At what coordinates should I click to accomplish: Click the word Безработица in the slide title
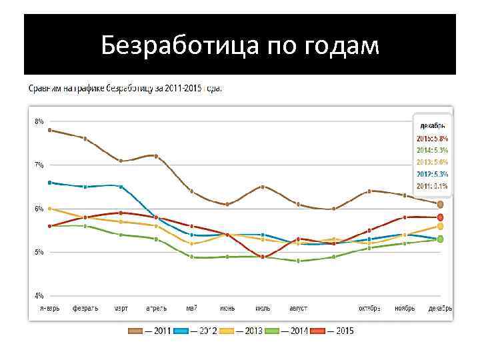point(177,46)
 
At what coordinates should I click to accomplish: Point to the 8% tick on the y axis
point(39,121)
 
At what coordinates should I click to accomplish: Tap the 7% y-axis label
point(39,165)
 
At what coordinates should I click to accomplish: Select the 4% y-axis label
point(39,295)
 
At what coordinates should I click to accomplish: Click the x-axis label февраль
point(85,308)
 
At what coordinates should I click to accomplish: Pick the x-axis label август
point(298,308)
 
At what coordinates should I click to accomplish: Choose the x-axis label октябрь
point(369,308)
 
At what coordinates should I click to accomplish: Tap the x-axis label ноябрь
point(405,308)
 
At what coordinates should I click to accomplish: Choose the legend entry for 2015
point(336,330)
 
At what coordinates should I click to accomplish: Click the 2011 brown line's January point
point(50,130)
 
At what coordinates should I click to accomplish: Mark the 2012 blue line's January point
point(50,182)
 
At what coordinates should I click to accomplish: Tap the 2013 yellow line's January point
point(50,209)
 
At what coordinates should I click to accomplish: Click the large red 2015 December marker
point(440,217)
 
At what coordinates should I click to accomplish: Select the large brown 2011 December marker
point(440,204)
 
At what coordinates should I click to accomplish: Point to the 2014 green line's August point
point(298,261)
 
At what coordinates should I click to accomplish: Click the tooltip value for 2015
point(433,139)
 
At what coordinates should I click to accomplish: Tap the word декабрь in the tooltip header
point(433,125)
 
